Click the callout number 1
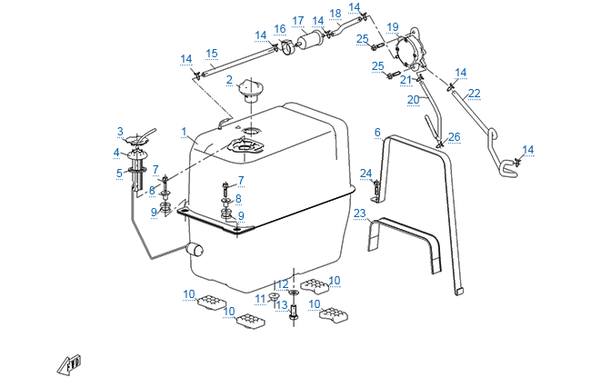click(184, 132)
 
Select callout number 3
click(119, 132)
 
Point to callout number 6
click(376, 133)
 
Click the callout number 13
click(281, 305)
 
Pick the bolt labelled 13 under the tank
click(295, 312)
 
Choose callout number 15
click(211, 54)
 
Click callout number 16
click(280, 29)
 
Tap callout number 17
click(298, 21)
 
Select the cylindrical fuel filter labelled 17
click(313, 42)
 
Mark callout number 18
click(336, 14)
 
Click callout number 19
click(393, 26)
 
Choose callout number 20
click(413, 99)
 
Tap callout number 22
click(474, 94)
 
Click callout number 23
click(360, 214)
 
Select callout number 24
click(366, 173)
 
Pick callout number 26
click(455, 137)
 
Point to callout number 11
click(261, 298)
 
